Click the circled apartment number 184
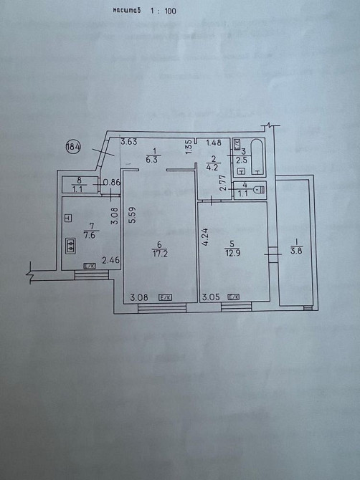(x=73, y=147)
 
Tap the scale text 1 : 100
(x=164, y=11)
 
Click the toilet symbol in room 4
(x=259, y=190)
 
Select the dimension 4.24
(x=205, y=236)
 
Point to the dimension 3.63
(x=128, y=142)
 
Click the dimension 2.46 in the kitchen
(x=110, y=261)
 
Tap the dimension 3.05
(x=211, y=297)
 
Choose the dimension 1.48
(x=214, y=143)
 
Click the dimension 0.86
(x=112, y=183)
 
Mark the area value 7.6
(x=91, y=235)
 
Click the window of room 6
(x=162, y=308)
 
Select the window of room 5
(x=236, y=307)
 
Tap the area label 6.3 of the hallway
(x=153, y=160)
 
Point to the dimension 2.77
(x=223, y=183)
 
